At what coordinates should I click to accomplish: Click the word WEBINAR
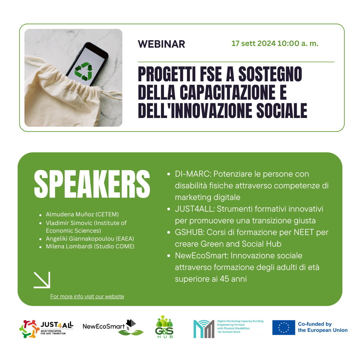pyautogui.click(x=161, y=44)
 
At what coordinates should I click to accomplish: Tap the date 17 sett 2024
pyautogui.click(x=253, y=43)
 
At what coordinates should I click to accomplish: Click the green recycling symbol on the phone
pyautogui.click(x=84, y=71)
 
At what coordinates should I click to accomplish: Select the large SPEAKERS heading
pyautogui.click(x=92, y=184)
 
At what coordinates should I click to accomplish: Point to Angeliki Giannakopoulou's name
pyautogui.click(x=80, y=239)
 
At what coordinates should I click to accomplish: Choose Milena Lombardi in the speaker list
pyautogui.click(x=69, y=246)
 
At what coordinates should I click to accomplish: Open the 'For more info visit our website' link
pyautogui.click(x=87, y=296)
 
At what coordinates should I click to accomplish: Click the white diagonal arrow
pyautogui.click(x=42, y=280)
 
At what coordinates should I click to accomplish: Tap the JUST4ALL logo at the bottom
pyautogui.click(x=46, y=329)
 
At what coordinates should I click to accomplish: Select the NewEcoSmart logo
pyautogui.click(x=113, y=327)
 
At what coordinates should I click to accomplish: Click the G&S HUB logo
pyautogui.click(x=164, y=326)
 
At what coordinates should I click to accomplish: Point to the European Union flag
pyautogui.click(x=284, y=327)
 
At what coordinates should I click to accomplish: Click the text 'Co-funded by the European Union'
pyautogui.click(x=323, y=327)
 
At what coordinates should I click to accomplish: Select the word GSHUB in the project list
pyautogui.click(x=189, y=232)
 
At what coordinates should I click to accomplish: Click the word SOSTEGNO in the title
pyautogui.click(x=270, y=74)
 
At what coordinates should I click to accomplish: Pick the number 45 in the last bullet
pyautogui.click(x=224, y=279)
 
